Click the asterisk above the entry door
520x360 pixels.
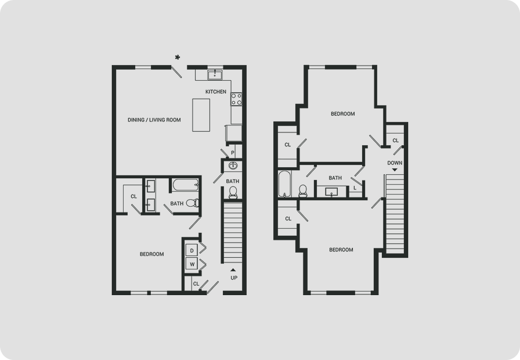click(178, 57)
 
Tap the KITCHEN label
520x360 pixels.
click(216, 92)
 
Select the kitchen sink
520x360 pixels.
click(215, 75)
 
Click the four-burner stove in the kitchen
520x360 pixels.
click(236, 99)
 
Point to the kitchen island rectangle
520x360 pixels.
click(201, 115)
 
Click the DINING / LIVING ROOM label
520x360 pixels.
click(154, 120)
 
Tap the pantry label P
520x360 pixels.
click(233, 153)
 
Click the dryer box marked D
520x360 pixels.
click(192, 250)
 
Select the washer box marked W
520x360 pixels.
click(192, 264)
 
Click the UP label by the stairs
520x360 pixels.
click(234, 278)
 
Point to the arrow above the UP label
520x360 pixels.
click(233, 270)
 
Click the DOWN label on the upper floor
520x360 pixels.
click(395, 163)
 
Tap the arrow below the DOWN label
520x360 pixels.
click(395, 170)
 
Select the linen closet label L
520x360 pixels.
click(355, 188)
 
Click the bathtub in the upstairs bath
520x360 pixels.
click(284, 184)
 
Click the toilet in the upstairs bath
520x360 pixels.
click(303, 191)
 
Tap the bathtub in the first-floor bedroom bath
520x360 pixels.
click(185, 185)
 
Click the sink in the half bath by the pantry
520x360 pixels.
click(233, 165)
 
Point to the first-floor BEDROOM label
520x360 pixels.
click(152, 254)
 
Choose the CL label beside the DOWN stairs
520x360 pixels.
click(396, 141)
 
